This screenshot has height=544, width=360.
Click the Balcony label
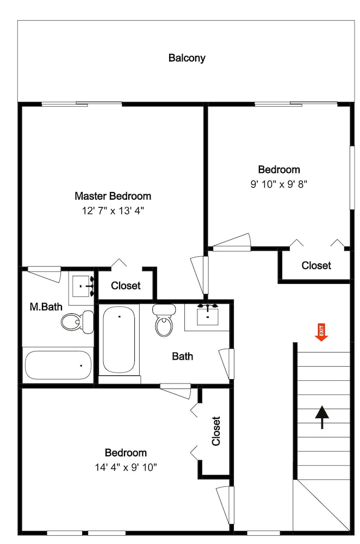pyautogui.click(x=187, y=58)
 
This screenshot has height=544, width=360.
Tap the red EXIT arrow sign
pyautogui.click(x=321, y=332)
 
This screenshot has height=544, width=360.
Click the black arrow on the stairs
pyautogui.click(x=322, y=417)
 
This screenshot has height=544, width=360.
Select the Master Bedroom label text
pyautogui.click(x=113, y=196)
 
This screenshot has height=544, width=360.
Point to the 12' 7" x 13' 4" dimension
pyautogui.click(x=113, y=211)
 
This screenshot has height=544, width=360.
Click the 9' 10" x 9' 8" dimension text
pyautogui.click(x=279, y=184)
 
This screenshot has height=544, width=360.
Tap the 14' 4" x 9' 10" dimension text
pyautogui.click(x=126, y=467)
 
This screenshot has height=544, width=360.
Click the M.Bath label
pyautogui.click(x=46, y=307)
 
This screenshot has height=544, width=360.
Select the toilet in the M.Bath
pyautogui.click(x=77, y=322)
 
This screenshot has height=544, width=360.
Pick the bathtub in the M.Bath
pyautogui.click(x=58, y=366)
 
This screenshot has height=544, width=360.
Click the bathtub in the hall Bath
pyautogui.click(x=119, y=339)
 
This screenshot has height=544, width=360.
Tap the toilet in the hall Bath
pyautogui.click(x=164, y=320)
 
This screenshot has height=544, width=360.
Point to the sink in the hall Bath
pyautogui.click(x=208, y=314)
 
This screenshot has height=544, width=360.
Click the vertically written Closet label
pyautogui.click(x=216, y=431)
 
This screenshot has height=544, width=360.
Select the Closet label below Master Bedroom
pyautogui.click(x=126, y=286)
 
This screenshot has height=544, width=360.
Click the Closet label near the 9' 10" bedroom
pyautogui.click(x=316, y=265)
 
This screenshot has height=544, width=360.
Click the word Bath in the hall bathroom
pyautogui.click(x=182, y=356)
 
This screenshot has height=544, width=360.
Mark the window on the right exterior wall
pyautogui.click(x=352, y=178)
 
